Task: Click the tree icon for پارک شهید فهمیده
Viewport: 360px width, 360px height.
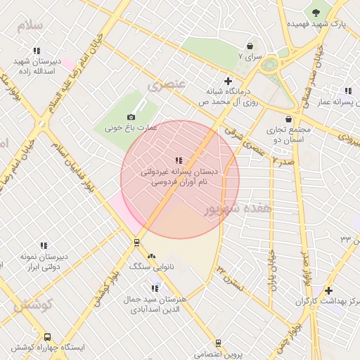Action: (316, 12)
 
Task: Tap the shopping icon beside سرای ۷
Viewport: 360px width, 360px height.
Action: (250, 46)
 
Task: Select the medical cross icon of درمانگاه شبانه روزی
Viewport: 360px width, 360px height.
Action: (228, 81)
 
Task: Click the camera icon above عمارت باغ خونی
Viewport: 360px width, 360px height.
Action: (131, 117)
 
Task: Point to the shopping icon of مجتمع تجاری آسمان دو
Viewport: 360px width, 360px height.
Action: (289, 119)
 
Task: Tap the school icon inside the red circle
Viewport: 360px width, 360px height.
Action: (179, 160)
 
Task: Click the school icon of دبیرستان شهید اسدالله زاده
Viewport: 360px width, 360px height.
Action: (37, 51)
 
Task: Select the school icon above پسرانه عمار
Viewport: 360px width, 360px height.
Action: (347, 91)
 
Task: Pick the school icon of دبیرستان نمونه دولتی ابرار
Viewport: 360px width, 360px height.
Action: (44, 245)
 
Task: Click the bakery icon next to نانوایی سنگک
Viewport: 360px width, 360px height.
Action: (152, 256)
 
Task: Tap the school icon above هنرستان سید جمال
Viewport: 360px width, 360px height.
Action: (155, 288)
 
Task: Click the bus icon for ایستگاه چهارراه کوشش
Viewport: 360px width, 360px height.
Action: (47, 337)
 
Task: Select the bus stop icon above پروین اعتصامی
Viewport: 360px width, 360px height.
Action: (218, 343)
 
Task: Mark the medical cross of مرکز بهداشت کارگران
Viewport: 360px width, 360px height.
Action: (328, 290)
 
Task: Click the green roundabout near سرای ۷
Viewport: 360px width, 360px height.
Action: (269, 65)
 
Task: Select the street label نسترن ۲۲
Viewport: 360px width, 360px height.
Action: (230, 276)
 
